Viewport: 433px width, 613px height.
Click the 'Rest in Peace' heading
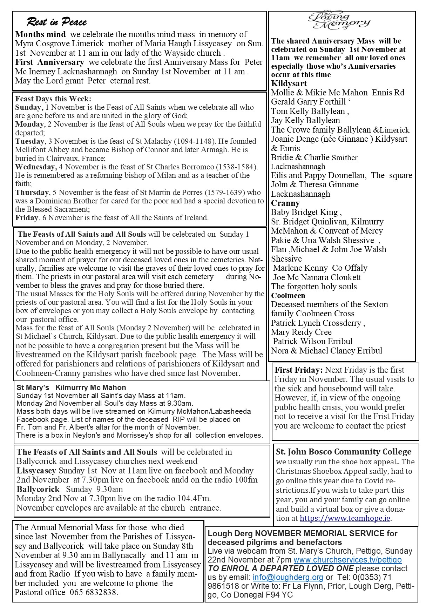tap(56, 22)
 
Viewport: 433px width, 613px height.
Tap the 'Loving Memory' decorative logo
tap(339, 21)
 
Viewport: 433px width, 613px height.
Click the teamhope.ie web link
tap(345, 518)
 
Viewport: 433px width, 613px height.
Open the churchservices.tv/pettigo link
tap(347, 560)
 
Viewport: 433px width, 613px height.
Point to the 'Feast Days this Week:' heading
tap(53, 99)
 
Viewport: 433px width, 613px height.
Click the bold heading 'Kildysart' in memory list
tap(289, 83)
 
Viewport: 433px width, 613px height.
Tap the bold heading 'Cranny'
tap(285, 203)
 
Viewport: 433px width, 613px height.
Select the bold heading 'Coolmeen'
tap(288, 295)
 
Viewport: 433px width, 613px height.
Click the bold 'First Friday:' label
tap(299, 370)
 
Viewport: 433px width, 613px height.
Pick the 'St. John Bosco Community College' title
tap(344, 452)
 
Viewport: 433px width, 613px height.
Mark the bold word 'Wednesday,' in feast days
tap(36, 167)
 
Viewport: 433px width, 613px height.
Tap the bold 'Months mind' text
tap(40, 34)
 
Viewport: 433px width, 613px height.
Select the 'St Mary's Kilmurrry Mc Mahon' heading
tap(71, 388)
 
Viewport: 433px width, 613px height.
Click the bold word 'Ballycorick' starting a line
tap(38, 489)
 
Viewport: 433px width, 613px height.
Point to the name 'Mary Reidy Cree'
tap(301, 332)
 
